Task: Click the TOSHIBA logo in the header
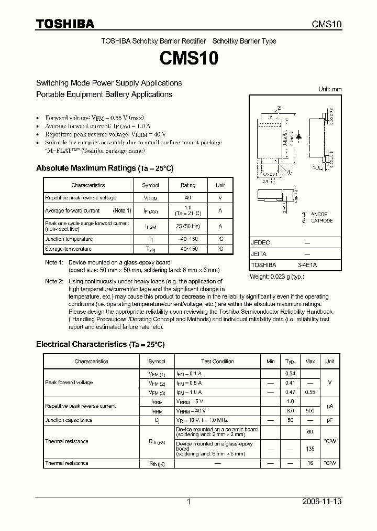click(65, 24)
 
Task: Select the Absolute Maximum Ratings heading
click(104, 168)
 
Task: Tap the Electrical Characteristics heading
click(100, 344)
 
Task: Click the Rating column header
click(188, 185)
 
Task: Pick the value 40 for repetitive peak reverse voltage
click(188, 198)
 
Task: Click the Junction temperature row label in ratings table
click(69, 239)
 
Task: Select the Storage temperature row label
click(68, 249)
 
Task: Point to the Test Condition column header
click(217, 362)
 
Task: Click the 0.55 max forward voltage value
click(310, 392)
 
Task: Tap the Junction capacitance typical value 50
click(290, 420)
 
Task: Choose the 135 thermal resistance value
click(310, 449)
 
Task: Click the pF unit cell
click(330, 420)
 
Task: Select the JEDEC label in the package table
click(260, 243)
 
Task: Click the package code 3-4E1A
click(307, 265)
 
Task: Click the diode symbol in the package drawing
click(299, 135)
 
